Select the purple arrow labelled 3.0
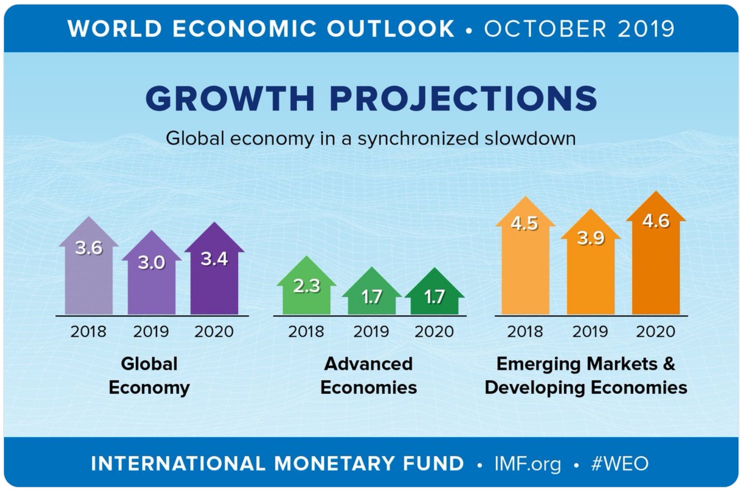[x=151, y=282]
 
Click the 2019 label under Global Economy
[x=151, y=332]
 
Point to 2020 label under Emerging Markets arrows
[x=656, y=332]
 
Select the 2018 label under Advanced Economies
[x=306, y=332]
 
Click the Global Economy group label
[x=149, y=375]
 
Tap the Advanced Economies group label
[x=368, y=375]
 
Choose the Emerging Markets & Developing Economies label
[x=586, y=375]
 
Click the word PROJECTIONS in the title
[x=463, y=98]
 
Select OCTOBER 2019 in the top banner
[x=579, y=29]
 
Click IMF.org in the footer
[x=527, y=463]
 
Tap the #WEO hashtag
[x=620, y=463]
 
